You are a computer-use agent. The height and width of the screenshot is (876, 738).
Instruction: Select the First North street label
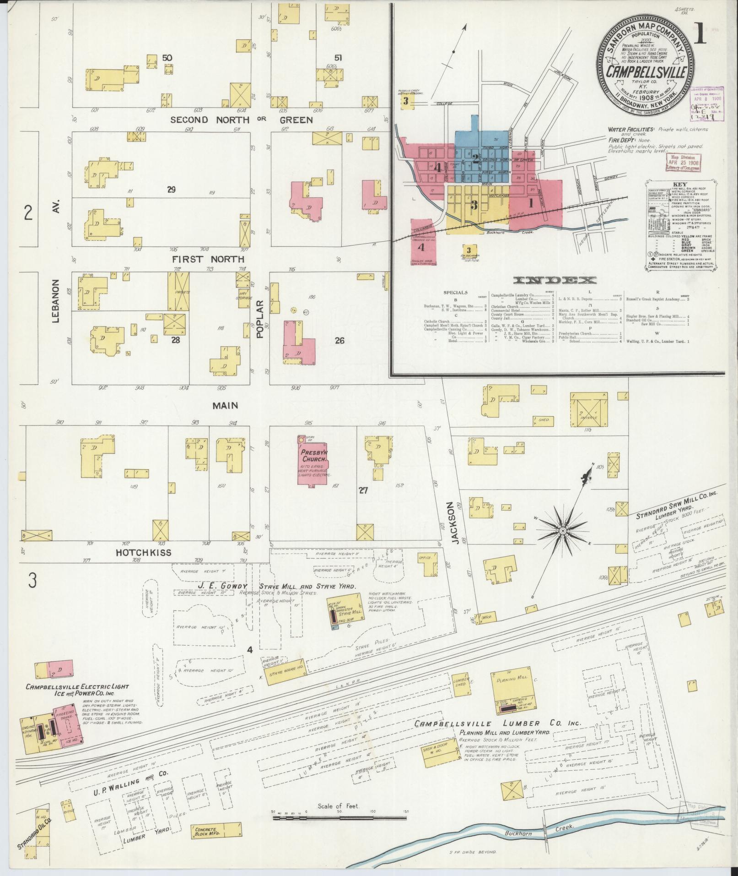pyautogui.click(x=208, y=259)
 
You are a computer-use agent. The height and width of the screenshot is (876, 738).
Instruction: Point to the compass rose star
pyautogui.click(x=563, y=530)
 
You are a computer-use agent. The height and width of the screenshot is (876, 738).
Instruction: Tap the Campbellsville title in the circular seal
pyautogui.click(x=646, y=72)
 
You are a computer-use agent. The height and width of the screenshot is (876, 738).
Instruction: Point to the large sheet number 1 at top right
pyautogui.click(x=699, y=35)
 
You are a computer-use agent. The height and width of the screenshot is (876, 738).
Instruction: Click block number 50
pyautogui.click(x=167, y=58)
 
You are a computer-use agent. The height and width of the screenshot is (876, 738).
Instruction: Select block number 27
pyautogui.click(x=363, y=490)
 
